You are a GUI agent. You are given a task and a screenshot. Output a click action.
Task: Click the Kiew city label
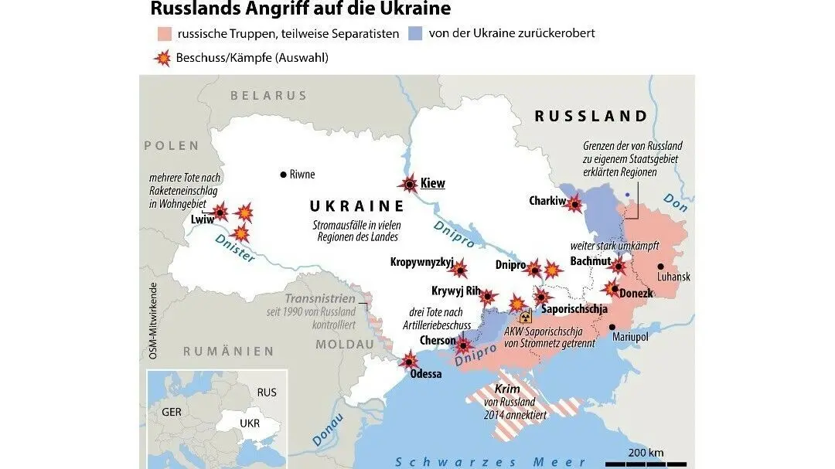click(433, 184)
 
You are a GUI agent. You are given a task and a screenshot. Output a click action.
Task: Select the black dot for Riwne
click(284, 175)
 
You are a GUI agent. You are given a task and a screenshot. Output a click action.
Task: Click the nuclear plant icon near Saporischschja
click(526, 318)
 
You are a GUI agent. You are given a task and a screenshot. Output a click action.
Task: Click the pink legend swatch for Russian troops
click(163, 34)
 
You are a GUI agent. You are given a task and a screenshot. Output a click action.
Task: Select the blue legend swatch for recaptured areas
click(415, 34)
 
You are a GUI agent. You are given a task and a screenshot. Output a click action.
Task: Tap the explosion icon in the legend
click(163, 58)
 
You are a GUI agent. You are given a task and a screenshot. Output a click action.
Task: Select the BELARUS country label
click(268, 96)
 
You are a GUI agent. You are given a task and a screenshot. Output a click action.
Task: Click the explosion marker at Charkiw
click(574, 204)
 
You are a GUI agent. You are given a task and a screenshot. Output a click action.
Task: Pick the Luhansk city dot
click(660, 267)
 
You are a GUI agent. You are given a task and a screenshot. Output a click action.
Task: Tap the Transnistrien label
click(319, 299)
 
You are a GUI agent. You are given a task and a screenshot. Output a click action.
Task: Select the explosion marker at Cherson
click(463, 345)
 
